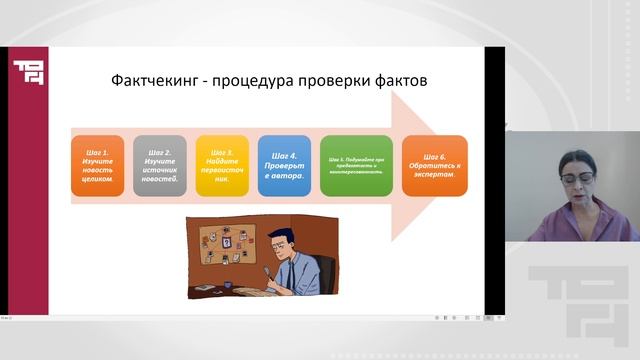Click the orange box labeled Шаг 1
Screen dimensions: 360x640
click(x=97, y=165)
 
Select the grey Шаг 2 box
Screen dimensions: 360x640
click(x=159, y=165)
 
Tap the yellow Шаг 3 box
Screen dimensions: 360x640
click(x=221, y=165)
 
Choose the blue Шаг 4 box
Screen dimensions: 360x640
click(x=284, y=165)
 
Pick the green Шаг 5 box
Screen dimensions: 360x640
click(x=356, y=165)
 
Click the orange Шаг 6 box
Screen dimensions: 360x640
click(x=434, y=165)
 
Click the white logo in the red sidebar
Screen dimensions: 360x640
click(x=24, y=71)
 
